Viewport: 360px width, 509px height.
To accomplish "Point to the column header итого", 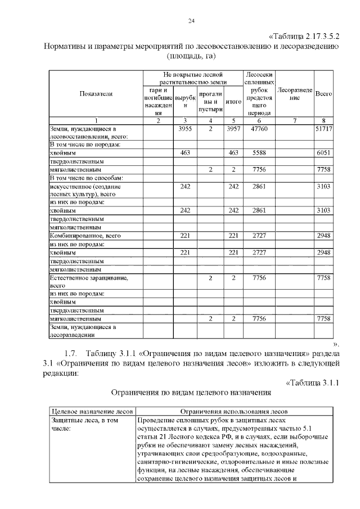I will (x=233, y=102).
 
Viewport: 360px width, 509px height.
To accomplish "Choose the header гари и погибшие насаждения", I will (x=158, y=102).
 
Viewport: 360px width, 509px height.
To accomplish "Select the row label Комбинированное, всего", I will (x=85, y=236).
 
